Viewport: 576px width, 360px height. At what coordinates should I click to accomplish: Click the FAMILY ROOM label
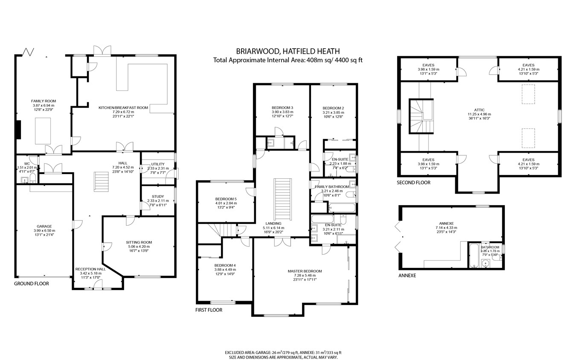[44, 101]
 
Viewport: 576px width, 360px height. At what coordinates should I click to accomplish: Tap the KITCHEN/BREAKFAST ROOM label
[123, 108]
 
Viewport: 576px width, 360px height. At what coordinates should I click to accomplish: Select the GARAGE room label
[44, 226]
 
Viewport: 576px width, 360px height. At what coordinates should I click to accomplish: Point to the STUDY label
[157, 197]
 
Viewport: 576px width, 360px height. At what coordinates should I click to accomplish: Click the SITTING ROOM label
[139, 242]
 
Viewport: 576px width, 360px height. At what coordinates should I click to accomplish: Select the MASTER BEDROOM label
[304, 271]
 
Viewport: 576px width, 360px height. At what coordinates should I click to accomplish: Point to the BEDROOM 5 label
[226, 199]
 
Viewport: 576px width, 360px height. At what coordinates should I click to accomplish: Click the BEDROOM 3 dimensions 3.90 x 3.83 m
[282, 112]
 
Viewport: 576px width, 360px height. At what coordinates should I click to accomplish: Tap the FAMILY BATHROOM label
[332, 187]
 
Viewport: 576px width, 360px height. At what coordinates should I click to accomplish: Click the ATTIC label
[479, 110]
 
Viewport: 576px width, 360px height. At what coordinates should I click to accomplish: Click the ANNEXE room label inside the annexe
[446, 223]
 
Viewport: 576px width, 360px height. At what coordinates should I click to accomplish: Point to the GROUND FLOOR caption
[32, 284]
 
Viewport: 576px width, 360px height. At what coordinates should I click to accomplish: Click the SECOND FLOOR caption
[413, 183]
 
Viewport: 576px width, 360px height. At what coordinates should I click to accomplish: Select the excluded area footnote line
[283, 353]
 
